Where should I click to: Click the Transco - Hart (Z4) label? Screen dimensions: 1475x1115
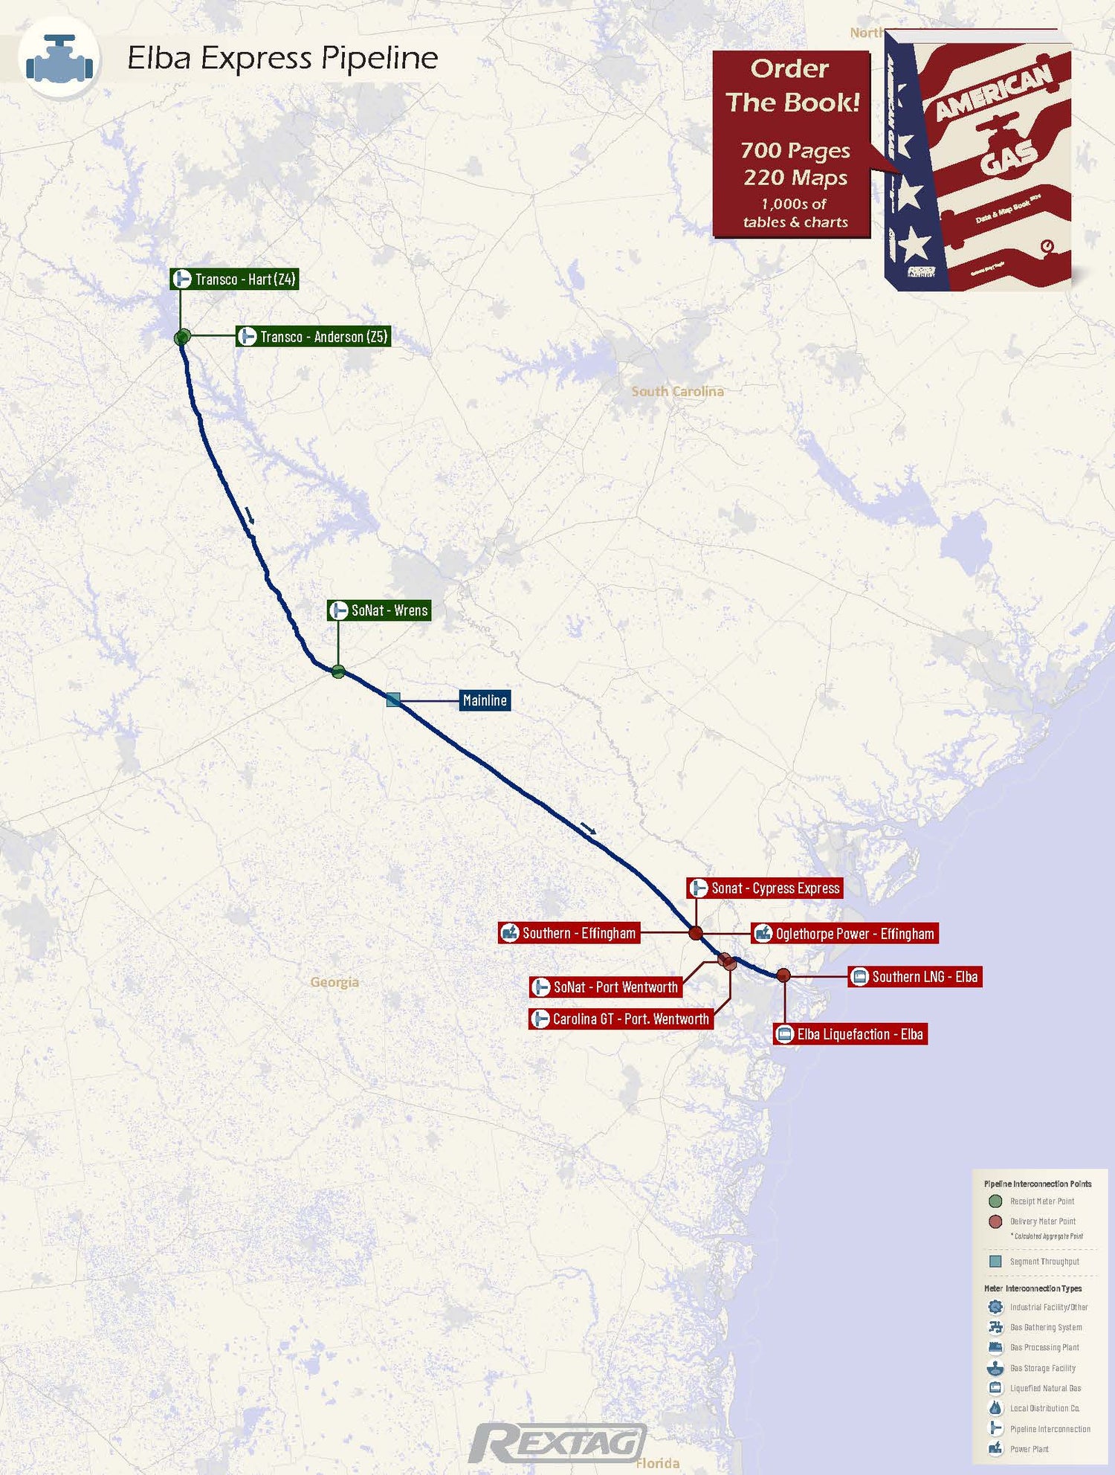pos(234,280)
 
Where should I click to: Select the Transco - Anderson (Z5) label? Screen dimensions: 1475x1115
pos(313,337)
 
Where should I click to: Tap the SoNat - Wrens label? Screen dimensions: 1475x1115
pos(379,610)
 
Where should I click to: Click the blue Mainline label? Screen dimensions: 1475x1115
pos(485,700)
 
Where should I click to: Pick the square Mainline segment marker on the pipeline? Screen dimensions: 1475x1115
pos(393,699)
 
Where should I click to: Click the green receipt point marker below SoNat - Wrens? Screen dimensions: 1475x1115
pos(338,672)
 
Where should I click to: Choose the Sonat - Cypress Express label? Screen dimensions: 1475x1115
pos(765,888)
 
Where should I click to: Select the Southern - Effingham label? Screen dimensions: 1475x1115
pos(569,934)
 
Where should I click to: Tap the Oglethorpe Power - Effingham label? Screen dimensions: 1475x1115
pos(844,934)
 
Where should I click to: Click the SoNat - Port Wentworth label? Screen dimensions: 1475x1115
pos(606,987)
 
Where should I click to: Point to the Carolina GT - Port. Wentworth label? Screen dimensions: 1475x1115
pos(621,1019)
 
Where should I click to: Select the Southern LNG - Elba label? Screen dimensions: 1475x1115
pos(915,977)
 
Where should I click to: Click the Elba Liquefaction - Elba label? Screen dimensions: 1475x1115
pos(850,1034)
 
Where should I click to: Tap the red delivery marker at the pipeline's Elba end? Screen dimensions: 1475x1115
pos(783,975)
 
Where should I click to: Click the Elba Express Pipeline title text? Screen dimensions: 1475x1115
pos(282,58)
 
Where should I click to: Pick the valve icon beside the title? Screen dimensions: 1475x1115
pos(59,59)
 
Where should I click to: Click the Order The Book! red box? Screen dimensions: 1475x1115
pos(792,144)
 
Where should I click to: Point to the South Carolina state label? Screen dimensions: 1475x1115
pos(677,392)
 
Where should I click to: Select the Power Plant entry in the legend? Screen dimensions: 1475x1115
pos(1029,1449)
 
